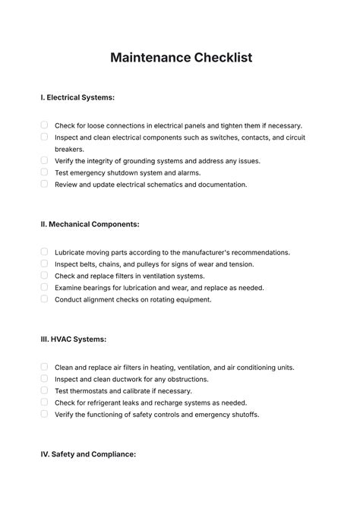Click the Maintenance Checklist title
(180, 58)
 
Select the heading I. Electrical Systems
(77, 98)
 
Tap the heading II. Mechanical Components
(90, 225)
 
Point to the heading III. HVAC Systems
(73, 339)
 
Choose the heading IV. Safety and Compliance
(88, 454)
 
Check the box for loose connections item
(44, 125)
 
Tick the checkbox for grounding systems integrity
(44, 160)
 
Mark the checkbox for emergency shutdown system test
(44, 172)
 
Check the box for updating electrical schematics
(44, 184)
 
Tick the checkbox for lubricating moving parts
(44, 252)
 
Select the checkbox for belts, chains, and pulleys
(44, 263)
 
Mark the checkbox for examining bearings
(44, 287)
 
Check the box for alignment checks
(44, 299)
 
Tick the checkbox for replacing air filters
(44, 367)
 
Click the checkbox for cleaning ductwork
(44, 378)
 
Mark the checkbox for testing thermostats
(44, 390)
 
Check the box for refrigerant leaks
(44, 402)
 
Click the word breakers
(69, 149)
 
